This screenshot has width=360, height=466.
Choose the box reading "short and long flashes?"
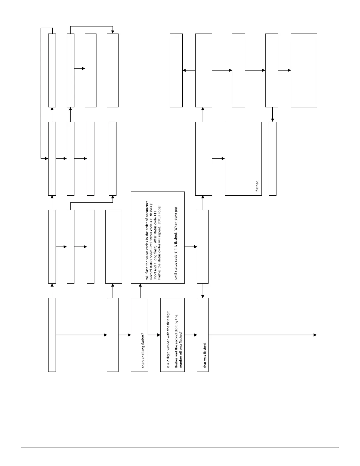coord(139,335)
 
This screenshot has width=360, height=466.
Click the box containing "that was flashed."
coord(203,335)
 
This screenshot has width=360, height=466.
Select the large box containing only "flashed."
coord(243,159)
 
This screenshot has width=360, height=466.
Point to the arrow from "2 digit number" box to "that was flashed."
coord(191,335)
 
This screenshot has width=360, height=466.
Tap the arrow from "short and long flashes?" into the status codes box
coord(140,291)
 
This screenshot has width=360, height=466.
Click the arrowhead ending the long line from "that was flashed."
coord(315,335)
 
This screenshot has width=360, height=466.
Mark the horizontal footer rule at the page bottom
coord(180,447)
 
